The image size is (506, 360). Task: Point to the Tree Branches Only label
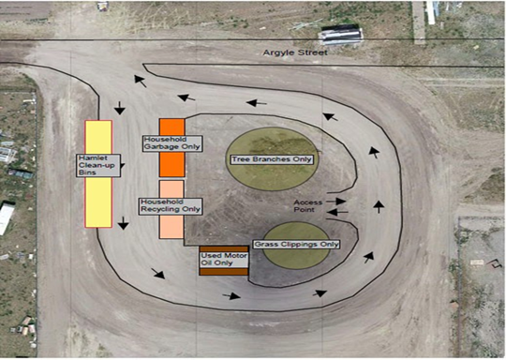click(271, 159)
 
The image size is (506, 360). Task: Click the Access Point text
click(306, 205)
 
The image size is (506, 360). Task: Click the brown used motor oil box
click(224, 272)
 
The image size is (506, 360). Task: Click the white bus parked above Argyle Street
click(341, 36)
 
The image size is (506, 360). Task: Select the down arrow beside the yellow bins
click(123, 223)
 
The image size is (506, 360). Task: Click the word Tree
click(242, 159)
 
